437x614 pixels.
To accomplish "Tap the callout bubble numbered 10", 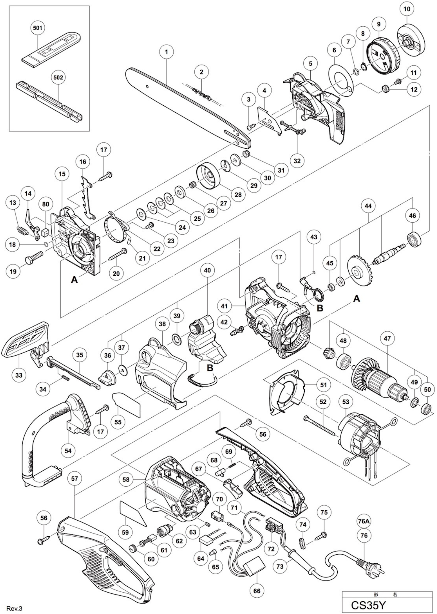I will click(x=407, y=9).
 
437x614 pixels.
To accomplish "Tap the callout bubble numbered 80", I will click(x=46, y=204).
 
